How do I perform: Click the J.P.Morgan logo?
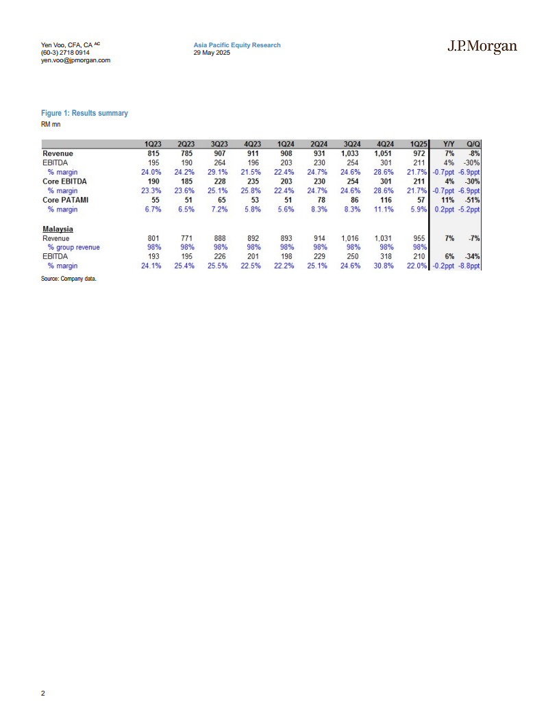pyautogui.click(x=482, y=47)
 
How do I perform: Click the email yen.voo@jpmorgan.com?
pyautogui.click(x=75, y=60)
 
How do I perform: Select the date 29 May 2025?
pyautogui.click(x=212, y=53)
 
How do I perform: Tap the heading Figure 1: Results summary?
pyautogui.click(x=84, y=113)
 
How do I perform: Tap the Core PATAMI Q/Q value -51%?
pyautogui.click(x=472, y=200)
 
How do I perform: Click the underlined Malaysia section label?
pyautogui.click(x=58, y=229)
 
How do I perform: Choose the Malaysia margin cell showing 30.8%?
pyautogui.click(x=384, y=266)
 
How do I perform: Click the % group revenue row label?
pyautogui.click(x=73, y=247)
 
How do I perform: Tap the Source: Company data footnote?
pyautogui.click(x=69, y=279)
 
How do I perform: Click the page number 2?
pyautogui.click(x=43, y=694)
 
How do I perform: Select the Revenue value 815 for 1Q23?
pyautogui.click(x=153, y=154)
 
